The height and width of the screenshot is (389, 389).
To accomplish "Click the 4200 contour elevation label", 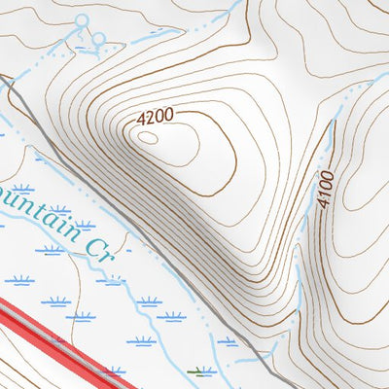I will (x=156, y=117).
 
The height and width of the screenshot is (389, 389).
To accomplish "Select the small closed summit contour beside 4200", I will (x=148, y=137).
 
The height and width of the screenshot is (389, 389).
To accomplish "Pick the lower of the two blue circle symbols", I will (x=98, y=39).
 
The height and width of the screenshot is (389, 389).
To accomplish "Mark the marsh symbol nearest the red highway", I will (x=114, y=370).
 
